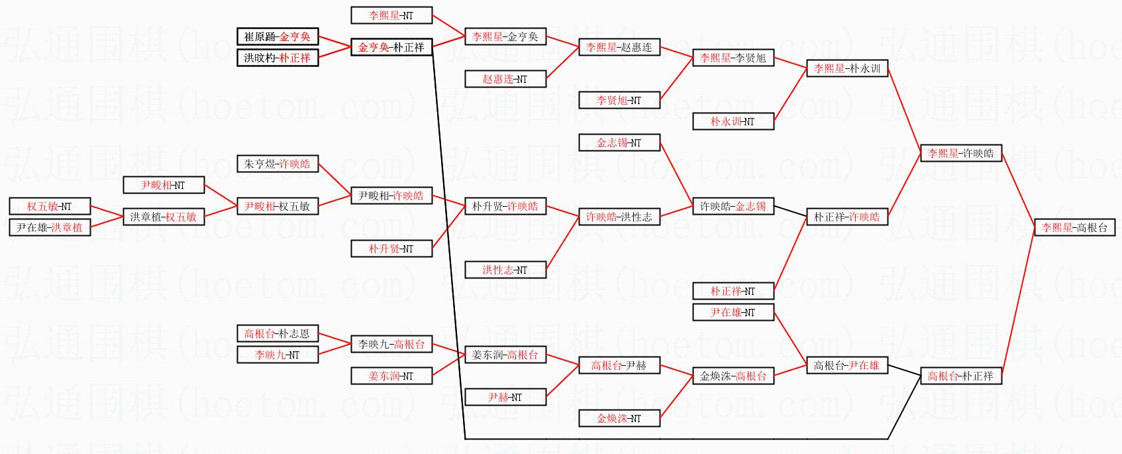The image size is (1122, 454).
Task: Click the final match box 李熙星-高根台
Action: [1074, 227]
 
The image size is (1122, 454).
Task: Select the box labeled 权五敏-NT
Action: [50, 206]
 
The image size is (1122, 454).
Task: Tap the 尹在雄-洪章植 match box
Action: [50, 227]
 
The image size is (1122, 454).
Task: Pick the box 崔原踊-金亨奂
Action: [278, 36]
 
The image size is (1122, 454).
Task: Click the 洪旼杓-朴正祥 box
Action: [278, 58]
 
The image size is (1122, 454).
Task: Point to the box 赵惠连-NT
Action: [505, 79]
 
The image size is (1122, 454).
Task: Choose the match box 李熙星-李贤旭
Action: [733, 58]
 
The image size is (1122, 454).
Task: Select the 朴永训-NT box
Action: [733, 121]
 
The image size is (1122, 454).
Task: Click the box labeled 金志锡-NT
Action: [619, 142]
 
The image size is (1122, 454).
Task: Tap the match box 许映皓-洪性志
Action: [619, 217]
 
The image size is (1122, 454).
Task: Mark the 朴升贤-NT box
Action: [391, 249]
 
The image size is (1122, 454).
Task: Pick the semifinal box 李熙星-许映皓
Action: [960, 153]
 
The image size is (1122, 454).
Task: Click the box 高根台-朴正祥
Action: [960, 376]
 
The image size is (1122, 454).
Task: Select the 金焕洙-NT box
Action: [619, 418]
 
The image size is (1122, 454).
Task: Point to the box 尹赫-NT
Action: [505, 397]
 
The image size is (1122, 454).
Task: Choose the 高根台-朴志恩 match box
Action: [278, 333]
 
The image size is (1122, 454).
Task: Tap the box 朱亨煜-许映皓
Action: [278, 164]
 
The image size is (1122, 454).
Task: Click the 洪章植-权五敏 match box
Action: [164, 217]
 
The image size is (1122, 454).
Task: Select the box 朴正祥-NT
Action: [733, 291]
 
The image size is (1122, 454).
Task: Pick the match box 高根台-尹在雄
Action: [846, 365]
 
